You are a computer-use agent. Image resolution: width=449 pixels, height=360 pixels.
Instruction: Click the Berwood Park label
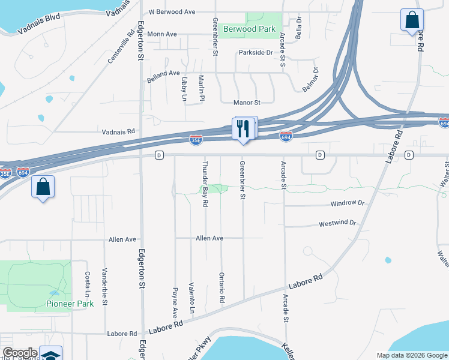(x=249, y=29)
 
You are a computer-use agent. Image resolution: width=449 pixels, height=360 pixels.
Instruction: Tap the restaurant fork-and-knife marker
(x=243, y=130)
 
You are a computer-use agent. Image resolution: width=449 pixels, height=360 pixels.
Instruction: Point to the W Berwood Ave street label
(x=172, y=11)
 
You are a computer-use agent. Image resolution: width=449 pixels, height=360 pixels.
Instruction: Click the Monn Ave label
(x=162, y=34)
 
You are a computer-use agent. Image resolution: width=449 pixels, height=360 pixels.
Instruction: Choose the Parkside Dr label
(x=256, y=53)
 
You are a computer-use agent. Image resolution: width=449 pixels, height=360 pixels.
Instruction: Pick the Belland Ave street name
(x=163, y=73)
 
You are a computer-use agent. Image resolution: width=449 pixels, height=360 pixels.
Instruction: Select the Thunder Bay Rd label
(x=205, y=184)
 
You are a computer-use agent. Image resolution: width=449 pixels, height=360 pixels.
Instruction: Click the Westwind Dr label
(x=337, y=223)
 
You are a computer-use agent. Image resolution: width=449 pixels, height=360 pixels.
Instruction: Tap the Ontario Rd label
(x=222, y=287)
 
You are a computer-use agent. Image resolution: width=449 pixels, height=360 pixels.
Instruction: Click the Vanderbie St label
(x=104, y=286)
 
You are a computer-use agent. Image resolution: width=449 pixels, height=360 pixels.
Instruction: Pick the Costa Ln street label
(x=88, y=286)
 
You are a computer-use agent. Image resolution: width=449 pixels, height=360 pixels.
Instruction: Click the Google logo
(x=20, y=353)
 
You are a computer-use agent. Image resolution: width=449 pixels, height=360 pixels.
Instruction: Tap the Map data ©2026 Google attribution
(x=411, y=355)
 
